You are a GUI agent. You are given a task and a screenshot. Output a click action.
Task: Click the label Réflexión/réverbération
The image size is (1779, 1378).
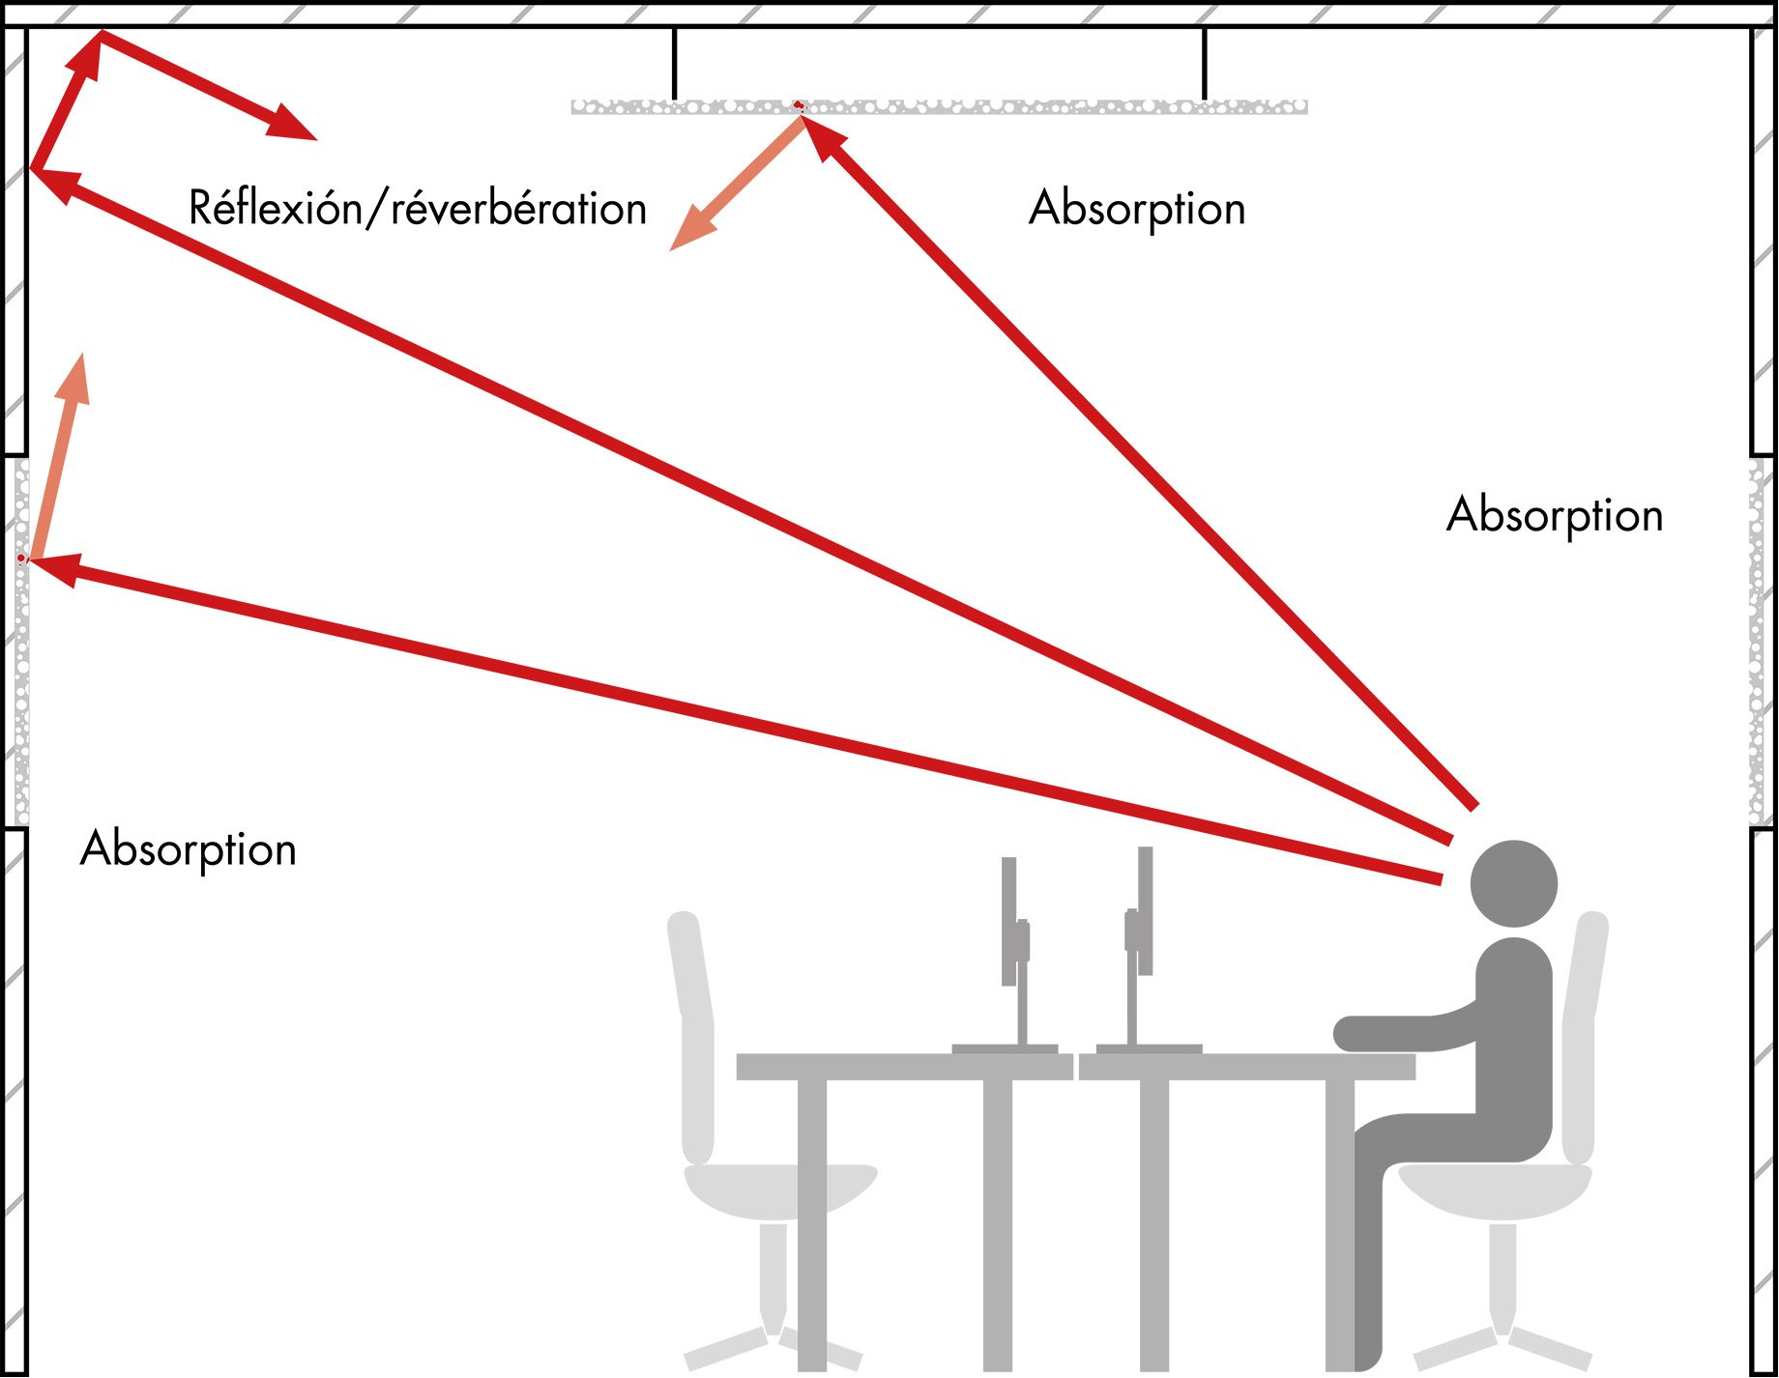(417, 209)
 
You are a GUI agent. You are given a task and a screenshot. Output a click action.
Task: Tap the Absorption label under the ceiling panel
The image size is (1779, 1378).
(1137, 209)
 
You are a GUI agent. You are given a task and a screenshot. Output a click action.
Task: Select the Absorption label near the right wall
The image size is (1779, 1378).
(1555, 514)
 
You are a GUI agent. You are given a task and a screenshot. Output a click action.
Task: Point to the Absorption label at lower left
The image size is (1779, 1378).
(189, 849)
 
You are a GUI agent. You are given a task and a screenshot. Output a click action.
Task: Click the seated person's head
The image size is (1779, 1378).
(1513, 883)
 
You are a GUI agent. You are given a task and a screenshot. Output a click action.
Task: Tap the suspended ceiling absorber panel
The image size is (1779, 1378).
(938, 106)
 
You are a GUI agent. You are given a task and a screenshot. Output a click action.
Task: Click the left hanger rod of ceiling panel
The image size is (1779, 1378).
(674, 63)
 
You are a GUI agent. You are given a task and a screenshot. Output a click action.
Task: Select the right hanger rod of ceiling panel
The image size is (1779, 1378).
(1204, 63)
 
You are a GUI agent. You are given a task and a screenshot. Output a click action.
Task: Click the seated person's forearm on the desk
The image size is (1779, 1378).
(1402, 1032)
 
